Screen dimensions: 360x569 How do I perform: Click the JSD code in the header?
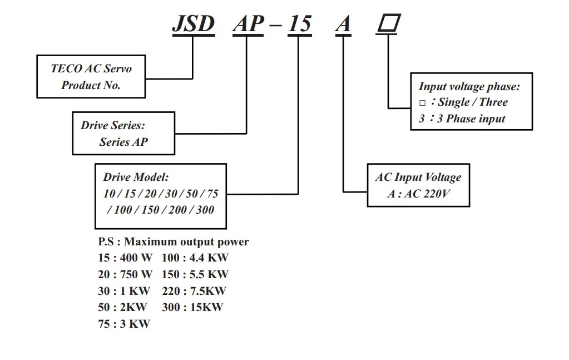193,24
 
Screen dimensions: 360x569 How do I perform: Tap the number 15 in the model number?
299,24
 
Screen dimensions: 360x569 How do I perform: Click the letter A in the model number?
344,24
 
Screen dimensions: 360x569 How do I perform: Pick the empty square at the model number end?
389,23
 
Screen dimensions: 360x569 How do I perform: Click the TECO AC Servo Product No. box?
91,77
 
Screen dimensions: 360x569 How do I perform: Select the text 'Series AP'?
123,142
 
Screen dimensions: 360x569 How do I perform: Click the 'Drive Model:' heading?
136,177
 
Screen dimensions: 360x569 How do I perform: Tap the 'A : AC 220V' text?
418,194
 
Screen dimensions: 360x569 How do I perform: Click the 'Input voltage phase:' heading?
469,86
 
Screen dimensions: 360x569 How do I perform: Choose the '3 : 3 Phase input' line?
462,119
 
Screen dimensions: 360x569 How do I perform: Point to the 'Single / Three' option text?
472,102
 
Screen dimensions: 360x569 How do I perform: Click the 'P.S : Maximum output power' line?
174,241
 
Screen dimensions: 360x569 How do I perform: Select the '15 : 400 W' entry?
125,258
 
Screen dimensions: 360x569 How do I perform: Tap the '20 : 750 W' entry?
125,274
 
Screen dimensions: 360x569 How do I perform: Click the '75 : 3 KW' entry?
124,323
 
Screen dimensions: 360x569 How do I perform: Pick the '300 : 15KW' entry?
192,307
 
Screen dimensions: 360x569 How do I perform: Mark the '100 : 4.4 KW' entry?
195,258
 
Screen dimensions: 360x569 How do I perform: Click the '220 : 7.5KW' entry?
194,290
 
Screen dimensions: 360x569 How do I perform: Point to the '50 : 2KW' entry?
122,307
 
